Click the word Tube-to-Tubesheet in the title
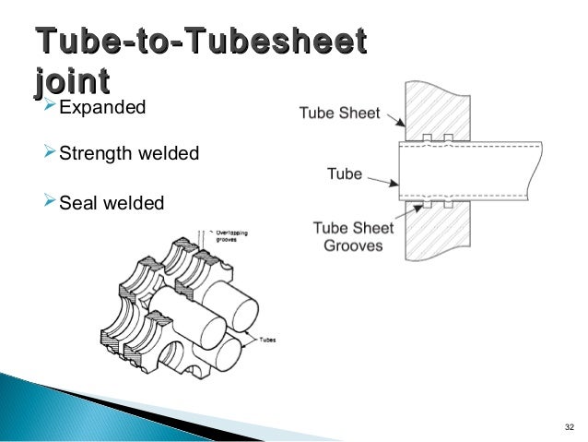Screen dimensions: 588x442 click(x=199, y=42)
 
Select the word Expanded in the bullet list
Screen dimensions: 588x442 click(x=102, y=109)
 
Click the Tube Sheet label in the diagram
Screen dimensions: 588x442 click(x=339, y=113)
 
